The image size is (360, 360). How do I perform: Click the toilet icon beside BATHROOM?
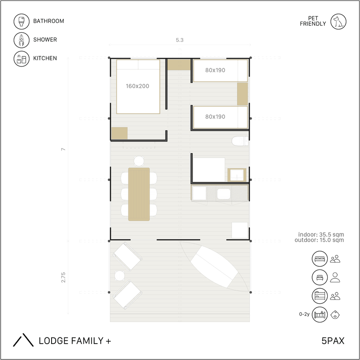click(22, 22)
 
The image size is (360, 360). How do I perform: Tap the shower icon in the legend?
click(22, 40)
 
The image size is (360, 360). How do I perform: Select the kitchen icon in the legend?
click(22, 59)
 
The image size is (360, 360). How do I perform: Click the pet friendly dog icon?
click(338, 22)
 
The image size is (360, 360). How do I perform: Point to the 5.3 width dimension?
click(180, 40)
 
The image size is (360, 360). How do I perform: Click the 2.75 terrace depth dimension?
click(63, 277)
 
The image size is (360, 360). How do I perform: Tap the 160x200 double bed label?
click(137, 86)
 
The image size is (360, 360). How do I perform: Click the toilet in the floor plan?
click(240, 141)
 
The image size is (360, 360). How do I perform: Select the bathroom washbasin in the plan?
click(237, 175)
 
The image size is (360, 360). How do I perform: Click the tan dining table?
click(139, 194)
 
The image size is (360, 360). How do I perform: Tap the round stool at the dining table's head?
click(139, 161)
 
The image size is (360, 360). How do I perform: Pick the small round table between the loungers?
click(120, 276)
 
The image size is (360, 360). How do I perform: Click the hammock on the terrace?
click(214, 266)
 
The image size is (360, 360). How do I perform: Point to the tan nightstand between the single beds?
click(242, 94)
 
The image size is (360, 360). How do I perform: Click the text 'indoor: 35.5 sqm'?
click(321, 234)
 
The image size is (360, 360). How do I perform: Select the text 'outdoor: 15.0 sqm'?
click(319, 240)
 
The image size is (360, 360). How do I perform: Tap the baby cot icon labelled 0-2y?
click(320, 315)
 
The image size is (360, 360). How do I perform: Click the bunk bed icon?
click(320, 296)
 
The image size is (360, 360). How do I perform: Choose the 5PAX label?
click(333, 341)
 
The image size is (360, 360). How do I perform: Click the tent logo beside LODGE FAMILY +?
click(23, 340)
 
